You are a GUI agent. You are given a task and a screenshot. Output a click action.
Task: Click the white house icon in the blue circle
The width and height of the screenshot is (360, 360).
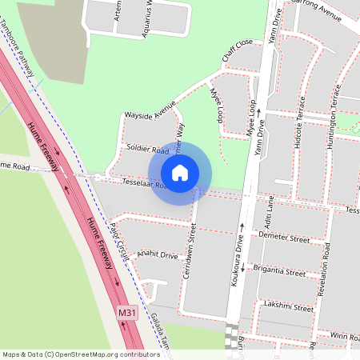[179, 172]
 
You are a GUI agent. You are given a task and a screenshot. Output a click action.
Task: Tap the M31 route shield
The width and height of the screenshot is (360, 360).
[126, 310]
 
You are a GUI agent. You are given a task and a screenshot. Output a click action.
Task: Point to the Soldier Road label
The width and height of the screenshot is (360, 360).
[147, 150]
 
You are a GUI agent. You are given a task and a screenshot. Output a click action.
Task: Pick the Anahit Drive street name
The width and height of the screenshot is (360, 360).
[158, 255]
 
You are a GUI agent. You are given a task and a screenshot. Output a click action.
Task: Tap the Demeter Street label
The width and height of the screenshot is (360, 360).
[288, 238]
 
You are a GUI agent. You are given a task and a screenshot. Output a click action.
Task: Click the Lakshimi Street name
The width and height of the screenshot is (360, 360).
[291, 306]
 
